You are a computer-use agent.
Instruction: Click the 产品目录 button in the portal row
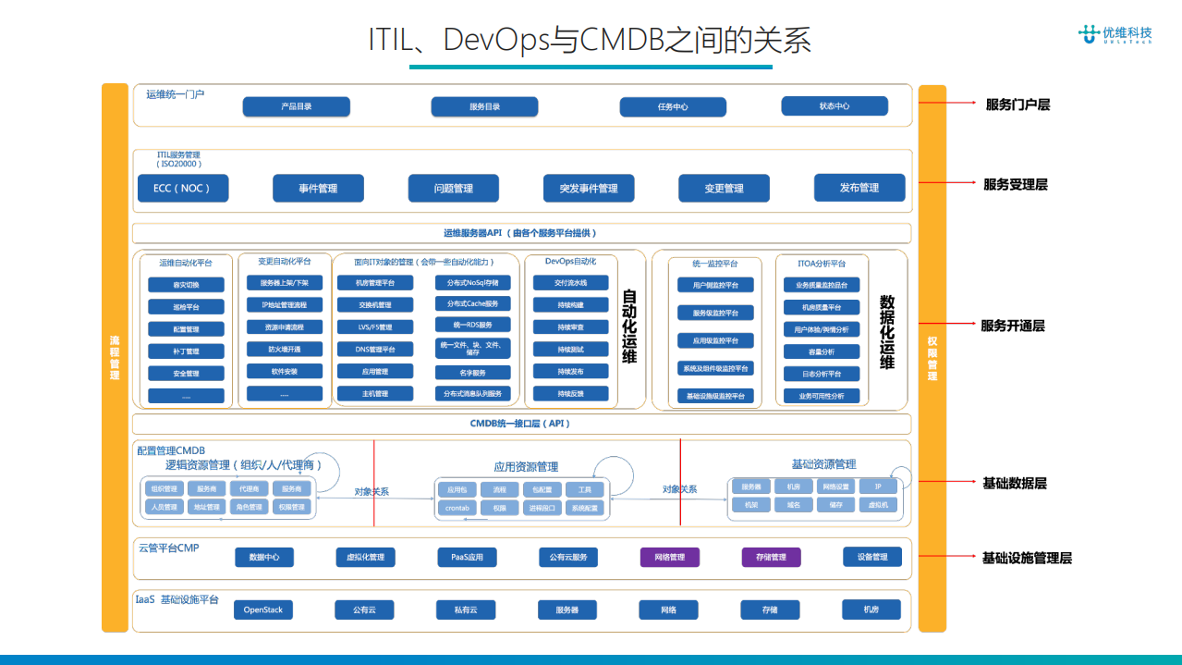point(297,106)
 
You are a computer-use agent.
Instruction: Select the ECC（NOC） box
point(182,188)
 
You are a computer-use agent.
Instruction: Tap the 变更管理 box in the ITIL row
point(724,188)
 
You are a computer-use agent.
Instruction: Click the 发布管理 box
point(859,187)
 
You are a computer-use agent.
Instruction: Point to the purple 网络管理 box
point(669,557)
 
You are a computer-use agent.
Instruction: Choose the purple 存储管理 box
point(771,557)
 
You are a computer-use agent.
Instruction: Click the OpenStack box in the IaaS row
point(262,610)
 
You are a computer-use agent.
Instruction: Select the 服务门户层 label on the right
point(1017,105)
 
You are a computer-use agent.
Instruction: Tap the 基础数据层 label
point(1014,483)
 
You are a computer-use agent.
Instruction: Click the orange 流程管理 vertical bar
point(115,357)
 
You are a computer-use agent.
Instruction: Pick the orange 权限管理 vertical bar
point(932,357)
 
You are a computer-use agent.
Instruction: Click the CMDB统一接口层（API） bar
point(520,424)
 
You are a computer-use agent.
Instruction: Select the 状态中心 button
point(834,105)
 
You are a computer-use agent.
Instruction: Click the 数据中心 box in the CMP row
point(263,557)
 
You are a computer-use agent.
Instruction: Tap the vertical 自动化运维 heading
point(629,326)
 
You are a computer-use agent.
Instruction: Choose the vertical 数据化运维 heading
point(886,331)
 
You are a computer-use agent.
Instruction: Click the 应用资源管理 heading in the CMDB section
point(525,466)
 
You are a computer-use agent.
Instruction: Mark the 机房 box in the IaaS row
point(871,609)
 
